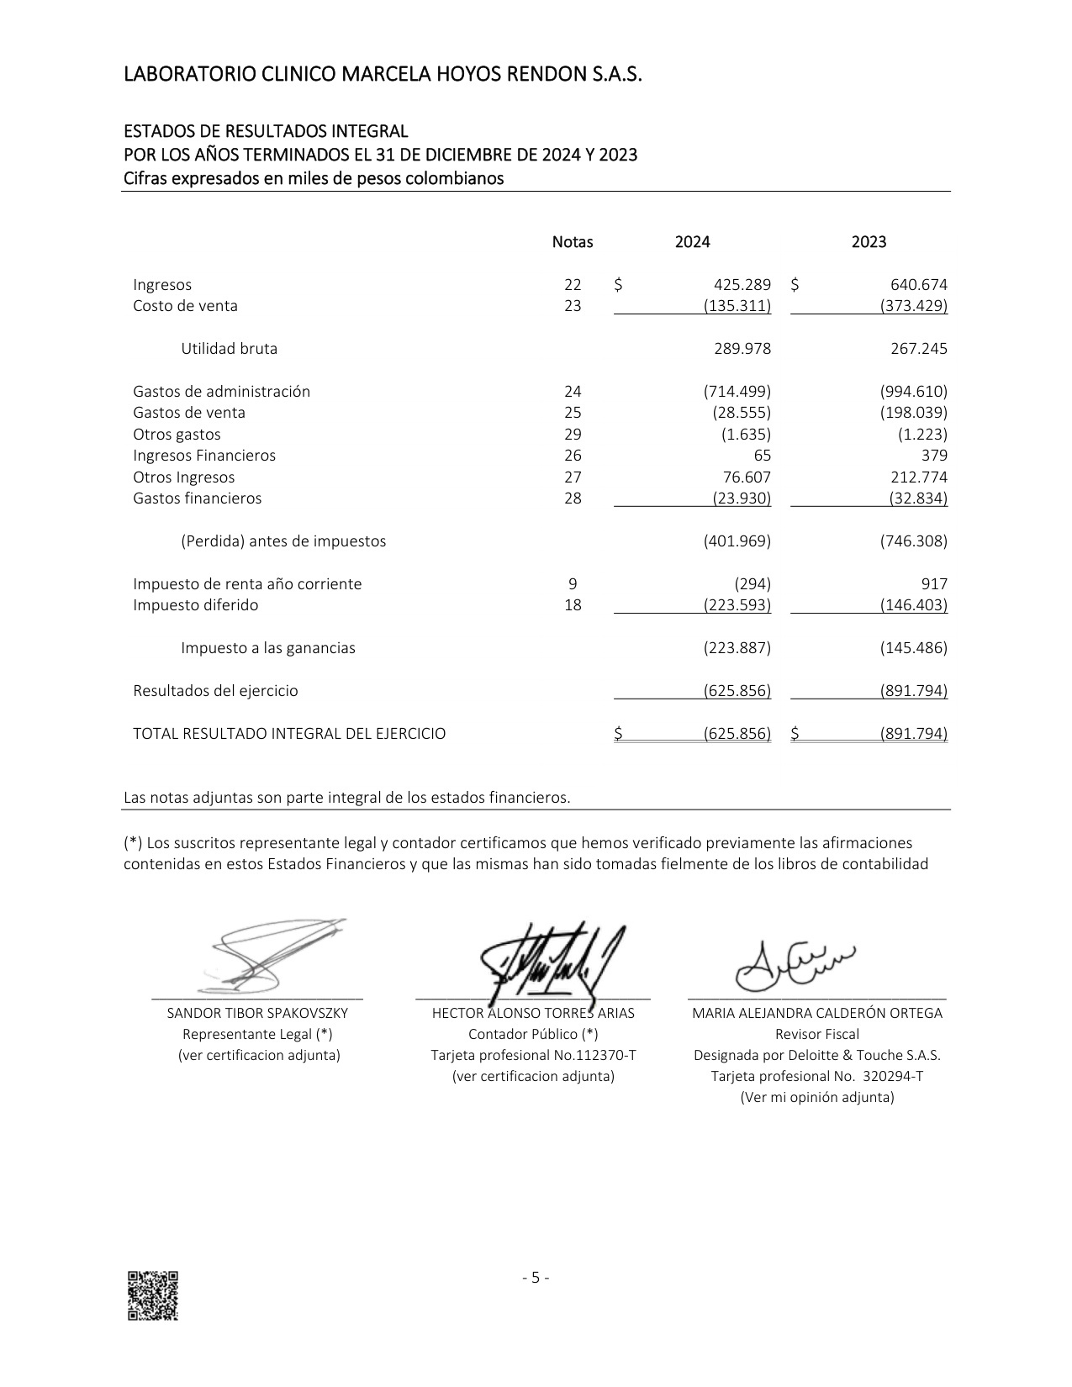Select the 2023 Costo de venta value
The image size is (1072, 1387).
[x=913, y=306]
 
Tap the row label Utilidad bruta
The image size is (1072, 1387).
[x=229, y=349]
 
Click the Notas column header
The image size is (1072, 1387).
[x=573, y=242]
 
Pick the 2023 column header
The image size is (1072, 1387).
[x=869, y=242]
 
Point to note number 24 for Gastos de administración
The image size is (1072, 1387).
[x=573, y=392]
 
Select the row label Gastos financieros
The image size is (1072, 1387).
[x=197, y=498]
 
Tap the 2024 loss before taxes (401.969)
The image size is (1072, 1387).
[x=737, y=541]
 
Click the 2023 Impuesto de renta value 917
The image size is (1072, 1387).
[x=933, y=584]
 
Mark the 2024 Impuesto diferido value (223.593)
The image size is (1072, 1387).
[x=737, y=605]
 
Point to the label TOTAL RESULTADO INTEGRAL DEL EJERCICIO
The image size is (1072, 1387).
[x=289, y=734]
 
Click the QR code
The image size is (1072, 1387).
[x=152, y=1295]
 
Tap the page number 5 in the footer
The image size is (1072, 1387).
[x=536, y=1279]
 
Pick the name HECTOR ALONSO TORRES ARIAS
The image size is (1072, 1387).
[x=533, y=1014]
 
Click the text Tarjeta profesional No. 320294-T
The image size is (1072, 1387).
[x=816, y=1077]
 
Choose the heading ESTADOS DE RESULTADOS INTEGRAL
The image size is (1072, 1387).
[x=266, y=132]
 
